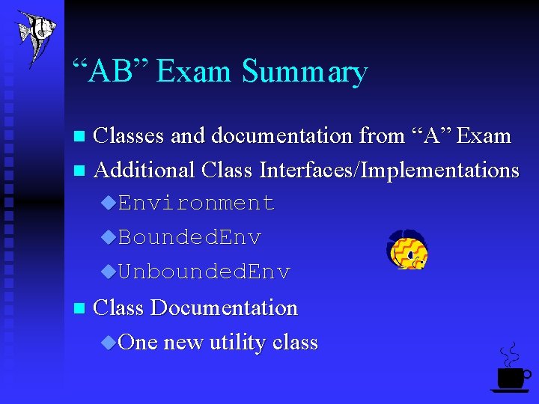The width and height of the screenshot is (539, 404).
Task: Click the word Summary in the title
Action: point(305,72)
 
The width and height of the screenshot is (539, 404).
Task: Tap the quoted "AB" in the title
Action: point(112,71)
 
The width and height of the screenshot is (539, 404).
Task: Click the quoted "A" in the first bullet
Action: point(430,136)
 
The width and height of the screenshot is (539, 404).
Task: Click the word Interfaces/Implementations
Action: point(389,171)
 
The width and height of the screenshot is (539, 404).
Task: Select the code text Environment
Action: point(196,203)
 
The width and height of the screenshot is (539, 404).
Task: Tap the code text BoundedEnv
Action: point(189,238)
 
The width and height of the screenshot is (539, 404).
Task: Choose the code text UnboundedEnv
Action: point(204,272)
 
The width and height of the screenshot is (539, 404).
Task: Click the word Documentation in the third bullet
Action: point(224,307)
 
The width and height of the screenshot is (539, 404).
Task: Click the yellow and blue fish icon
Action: point(406,251)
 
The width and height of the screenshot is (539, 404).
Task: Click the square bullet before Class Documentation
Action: point(81,308)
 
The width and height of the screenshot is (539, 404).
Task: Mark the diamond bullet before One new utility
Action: point(109,343)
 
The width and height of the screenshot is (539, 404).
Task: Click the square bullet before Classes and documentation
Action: point(81,137)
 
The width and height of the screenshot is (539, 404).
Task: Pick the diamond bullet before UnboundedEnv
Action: point(109,272)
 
